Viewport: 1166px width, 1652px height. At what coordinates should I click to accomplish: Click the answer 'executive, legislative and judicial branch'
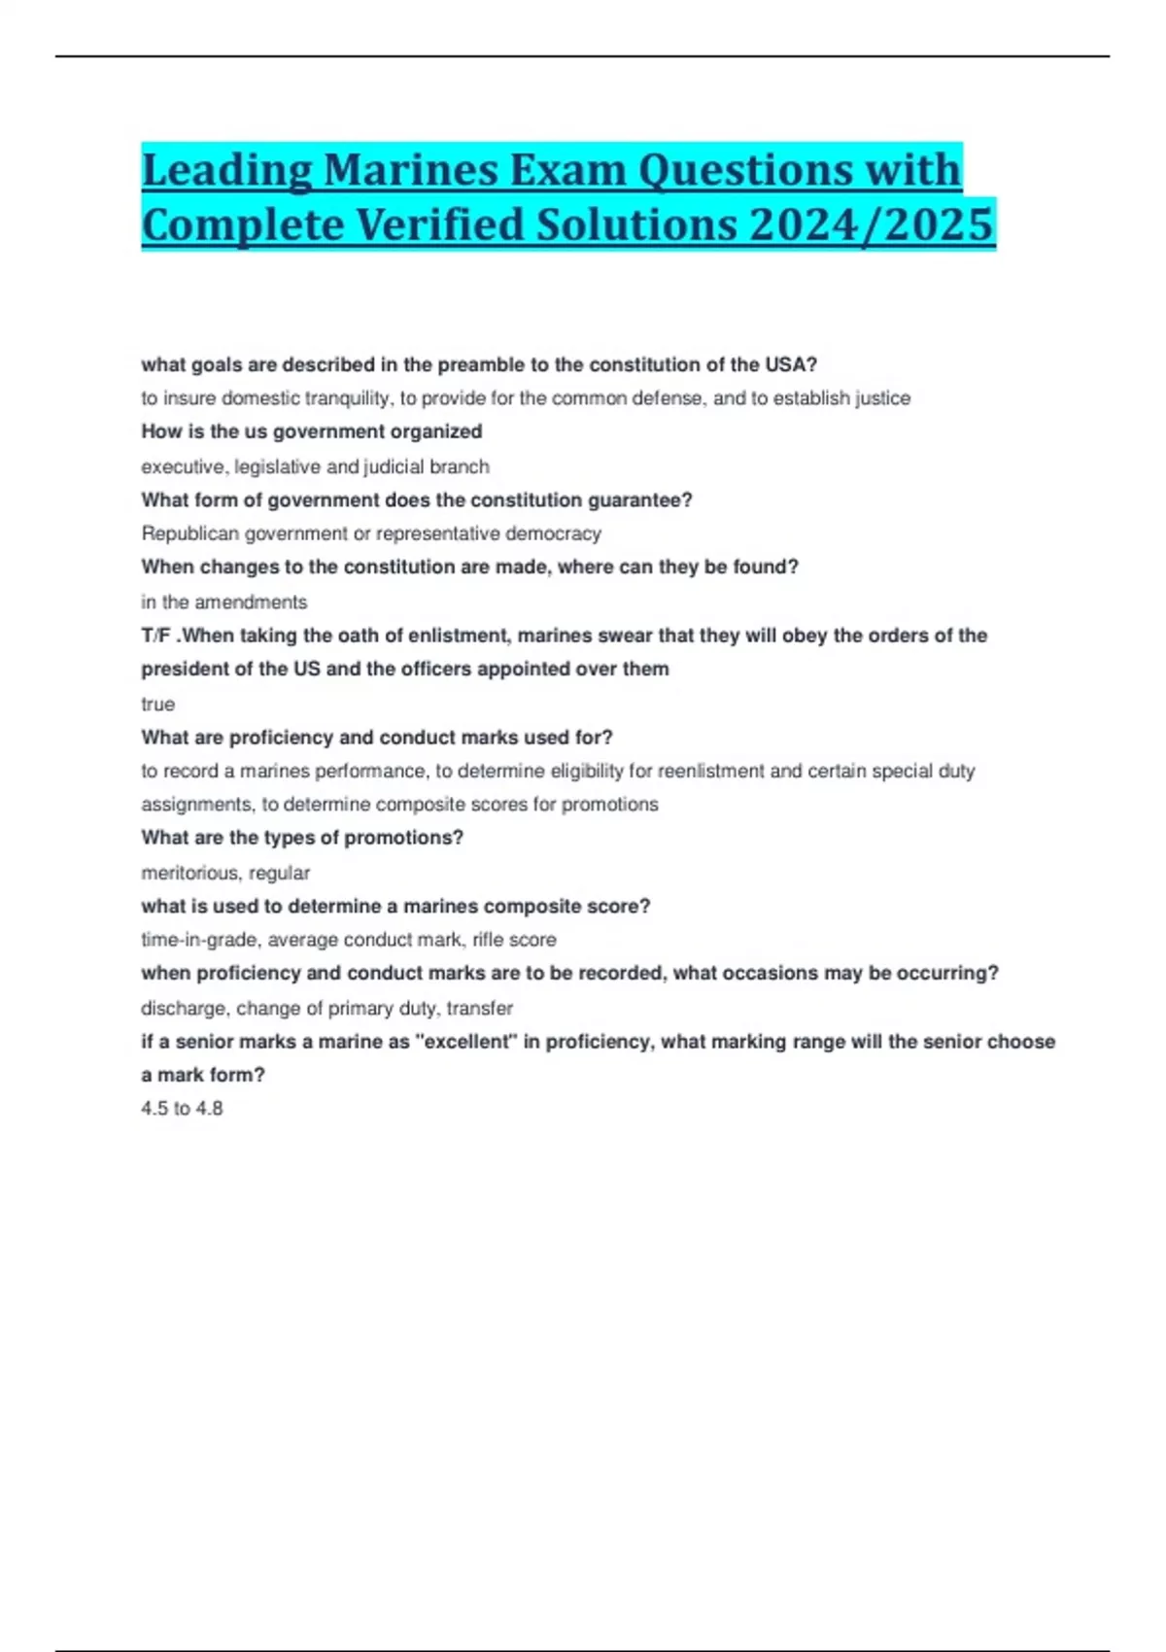[315, 466]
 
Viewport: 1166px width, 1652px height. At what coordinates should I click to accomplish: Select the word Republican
[189, 533]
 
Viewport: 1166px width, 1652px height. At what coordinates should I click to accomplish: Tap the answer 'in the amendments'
[223, 602]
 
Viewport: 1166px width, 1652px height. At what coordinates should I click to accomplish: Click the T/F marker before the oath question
[155, 636]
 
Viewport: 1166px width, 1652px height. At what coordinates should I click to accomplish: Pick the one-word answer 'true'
[157, 704]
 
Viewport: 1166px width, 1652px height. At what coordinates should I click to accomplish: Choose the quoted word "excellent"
[465, 1042]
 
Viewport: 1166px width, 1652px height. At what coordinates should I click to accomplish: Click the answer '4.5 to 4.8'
[182, 1109]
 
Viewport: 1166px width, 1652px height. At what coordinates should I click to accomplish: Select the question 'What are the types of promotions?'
[302, 838]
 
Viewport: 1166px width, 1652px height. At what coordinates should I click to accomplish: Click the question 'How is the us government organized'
[311, 431]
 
